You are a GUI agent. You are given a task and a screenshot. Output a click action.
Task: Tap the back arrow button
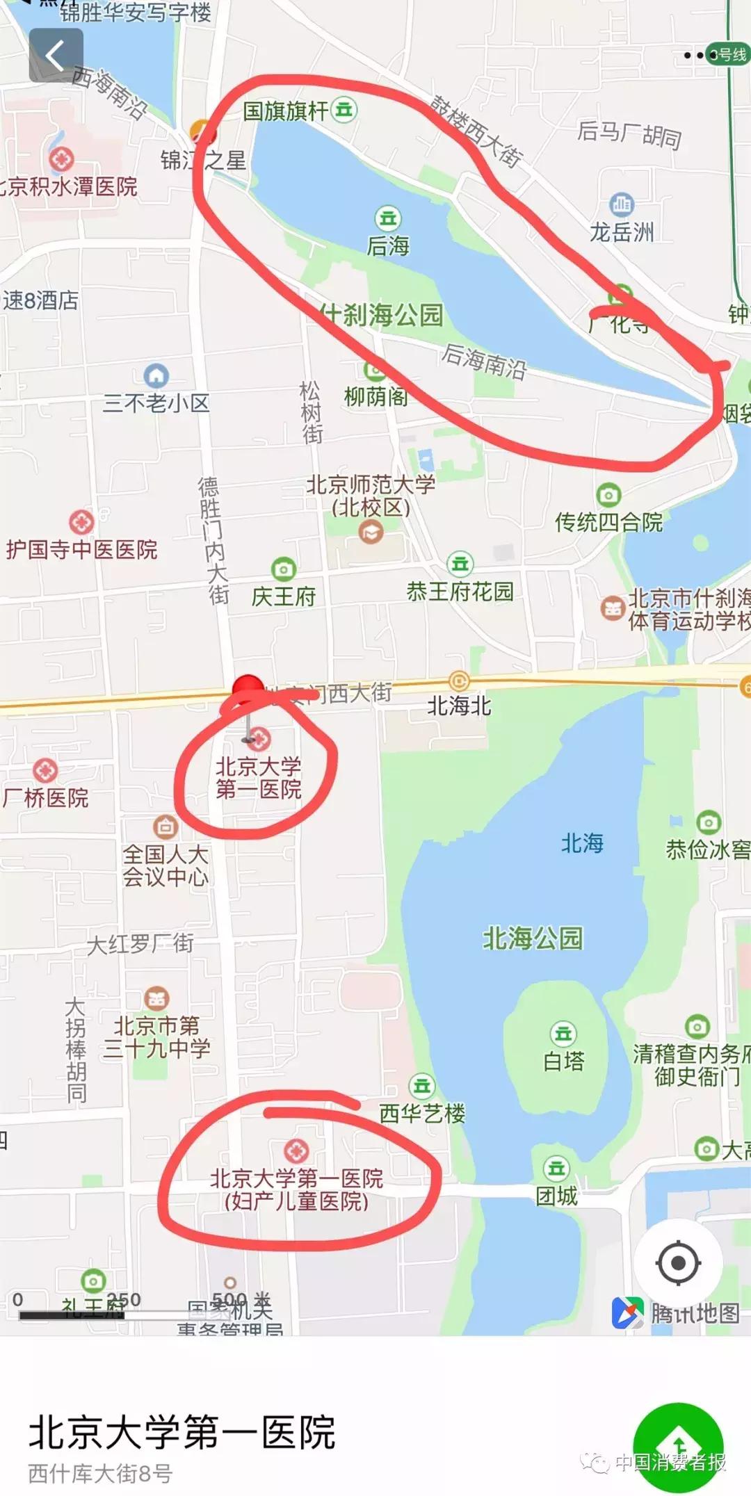coord(56,55)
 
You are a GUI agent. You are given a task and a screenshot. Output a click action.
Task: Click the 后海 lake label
coord(388,245)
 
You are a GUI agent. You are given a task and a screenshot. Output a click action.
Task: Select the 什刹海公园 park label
coord(382,315)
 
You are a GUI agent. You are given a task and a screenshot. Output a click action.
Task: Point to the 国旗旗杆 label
coord(285,111)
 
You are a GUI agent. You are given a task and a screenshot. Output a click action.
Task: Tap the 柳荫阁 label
coord(376,397)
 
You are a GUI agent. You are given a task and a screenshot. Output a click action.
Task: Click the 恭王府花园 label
coord(460,592)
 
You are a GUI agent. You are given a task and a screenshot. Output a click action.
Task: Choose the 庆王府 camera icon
coord(283,569)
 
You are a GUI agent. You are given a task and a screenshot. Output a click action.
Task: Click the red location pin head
coord(248,689)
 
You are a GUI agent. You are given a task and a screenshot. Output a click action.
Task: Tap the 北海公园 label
coord(533,938)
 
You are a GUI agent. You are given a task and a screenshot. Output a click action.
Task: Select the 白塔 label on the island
coord(563,1061)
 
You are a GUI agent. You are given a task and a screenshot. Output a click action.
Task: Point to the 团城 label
coord(556,1196)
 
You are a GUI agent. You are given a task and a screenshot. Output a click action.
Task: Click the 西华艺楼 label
coord(422,1113)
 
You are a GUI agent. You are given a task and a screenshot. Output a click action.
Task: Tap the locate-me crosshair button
coord(678,1262)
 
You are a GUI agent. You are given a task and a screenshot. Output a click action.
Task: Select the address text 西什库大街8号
coord(100,1473)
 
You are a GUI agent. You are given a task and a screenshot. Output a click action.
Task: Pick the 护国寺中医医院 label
coord(82,550)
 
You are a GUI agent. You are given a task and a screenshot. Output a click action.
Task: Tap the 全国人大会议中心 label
coord(165,865)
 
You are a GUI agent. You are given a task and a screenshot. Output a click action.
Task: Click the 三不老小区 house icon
coord(156,376)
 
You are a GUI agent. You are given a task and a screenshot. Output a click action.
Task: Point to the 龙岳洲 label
coord(622,231)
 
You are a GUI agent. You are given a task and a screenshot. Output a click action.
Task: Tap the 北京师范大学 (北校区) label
coord(371,496)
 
